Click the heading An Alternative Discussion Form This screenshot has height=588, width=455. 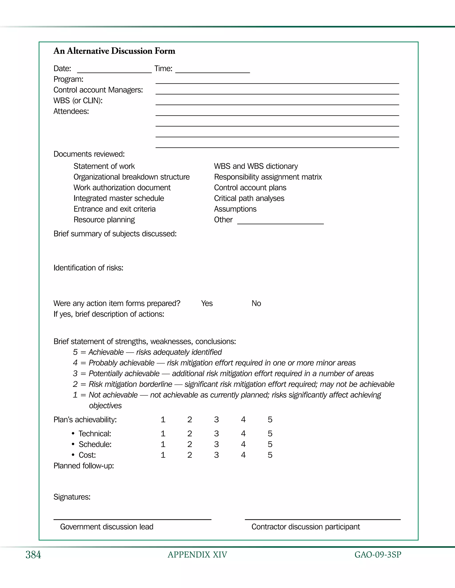(114, 51)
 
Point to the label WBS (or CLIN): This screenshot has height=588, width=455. (78, 101)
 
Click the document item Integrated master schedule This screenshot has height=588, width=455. (119, 198)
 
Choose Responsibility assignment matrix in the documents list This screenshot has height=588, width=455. (268, 177)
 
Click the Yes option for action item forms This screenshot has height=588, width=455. (207, 303)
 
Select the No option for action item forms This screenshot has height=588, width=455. (256, 303)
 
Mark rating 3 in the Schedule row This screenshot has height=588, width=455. (216, 444)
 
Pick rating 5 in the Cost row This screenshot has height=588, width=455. (270, 455)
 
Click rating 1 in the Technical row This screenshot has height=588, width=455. (163, 434)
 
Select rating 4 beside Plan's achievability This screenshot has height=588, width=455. (243, 419)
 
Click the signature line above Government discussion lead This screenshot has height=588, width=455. (132, 519)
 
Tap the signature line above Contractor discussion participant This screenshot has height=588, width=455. (322, 519)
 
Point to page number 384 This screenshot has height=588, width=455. (33, 555)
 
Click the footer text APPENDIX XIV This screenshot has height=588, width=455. (197, 555)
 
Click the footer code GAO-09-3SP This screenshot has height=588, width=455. (378, 555)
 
